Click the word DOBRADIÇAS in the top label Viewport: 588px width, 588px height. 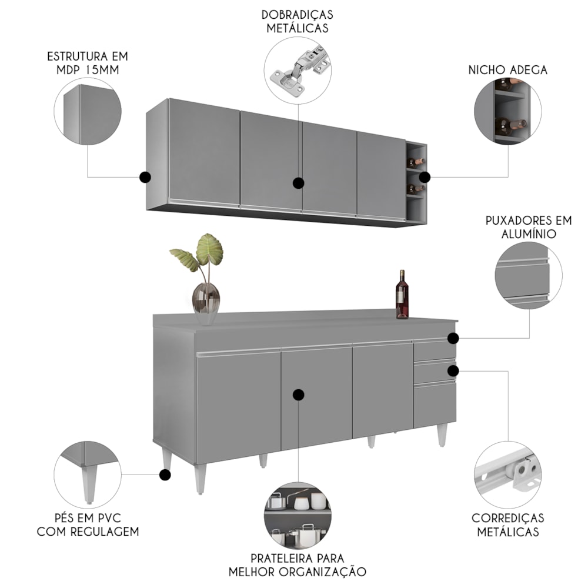tap(298, 15)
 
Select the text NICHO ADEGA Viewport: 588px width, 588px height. tap(508, 70)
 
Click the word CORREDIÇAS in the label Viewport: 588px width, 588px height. tap(508, 518)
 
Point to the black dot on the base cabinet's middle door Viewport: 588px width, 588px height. tap(299, 395)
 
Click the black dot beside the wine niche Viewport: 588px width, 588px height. tap(425, 177)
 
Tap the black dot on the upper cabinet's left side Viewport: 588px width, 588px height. tap(145, 177)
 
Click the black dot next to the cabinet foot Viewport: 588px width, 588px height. tap(165, 475)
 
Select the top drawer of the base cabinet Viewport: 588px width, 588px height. tap(434, 349)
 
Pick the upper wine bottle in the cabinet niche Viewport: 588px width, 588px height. tap(416, 162)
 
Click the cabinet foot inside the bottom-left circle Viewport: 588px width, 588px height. tap(89, 484)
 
